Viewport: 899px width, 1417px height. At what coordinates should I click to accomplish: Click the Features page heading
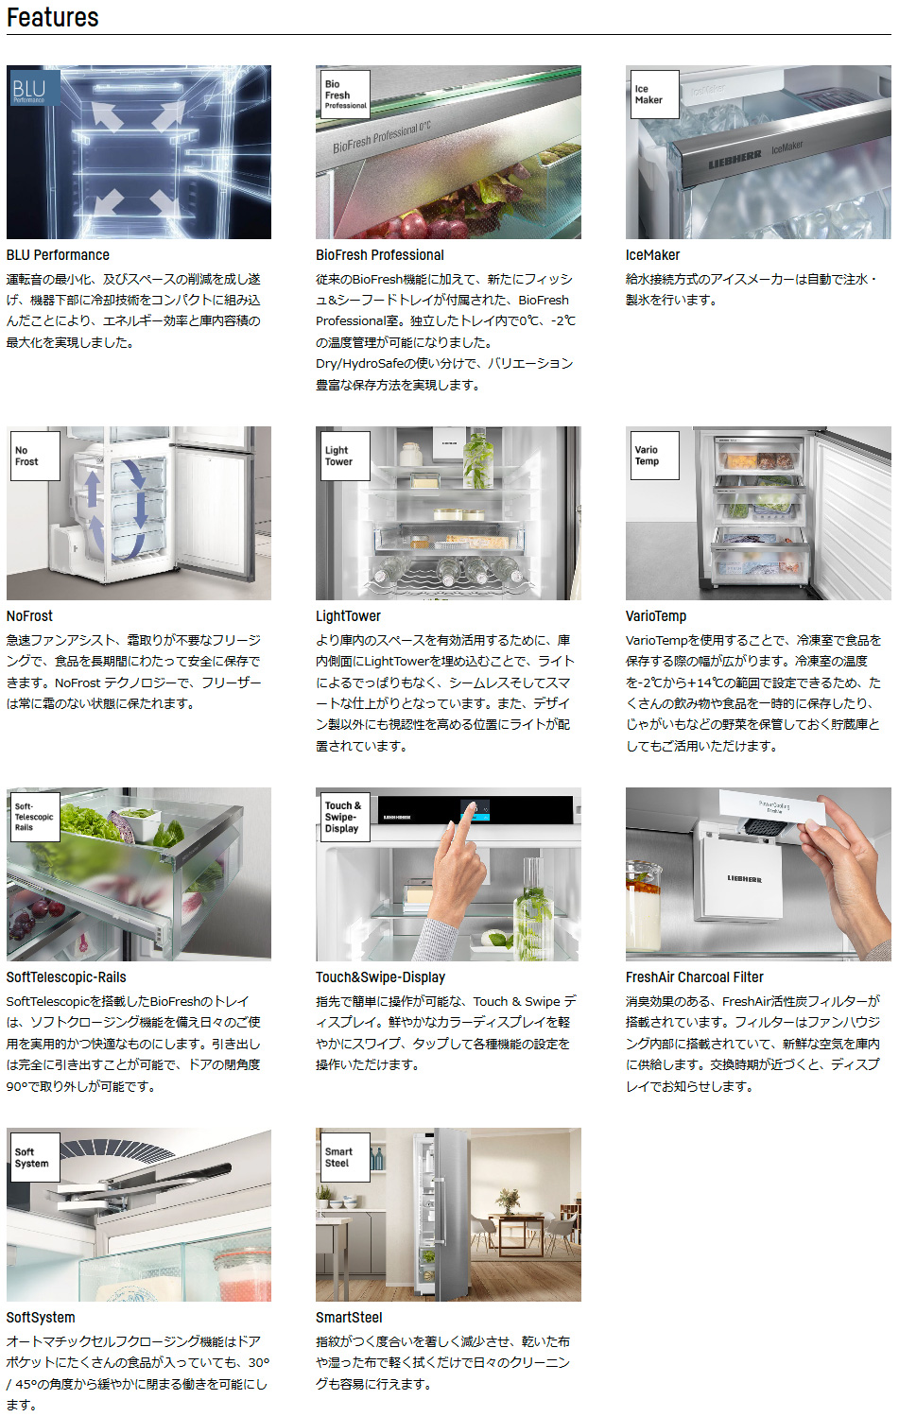click(x=53, y=17)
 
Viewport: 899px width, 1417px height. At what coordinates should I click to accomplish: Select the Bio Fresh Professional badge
click(x=345, y=95)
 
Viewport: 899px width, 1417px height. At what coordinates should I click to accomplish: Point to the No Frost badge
click(x=35, y=456)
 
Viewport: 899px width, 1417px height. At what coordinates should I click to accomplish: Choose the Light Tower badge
click(x=345, y=456)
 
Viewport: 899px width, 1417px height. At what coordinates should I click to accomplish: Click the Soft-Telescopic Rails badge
click(x=35, y=817)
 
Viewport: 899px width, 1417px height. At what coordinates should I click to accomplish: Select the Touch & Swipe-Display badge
click(x=345, y=817)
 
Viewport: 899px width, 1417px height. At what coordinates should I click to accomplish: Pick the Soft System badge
click(x=35, y=1157)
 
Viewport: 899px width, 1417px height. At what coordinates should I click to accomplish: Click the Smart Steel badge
click(x=345, y=1157)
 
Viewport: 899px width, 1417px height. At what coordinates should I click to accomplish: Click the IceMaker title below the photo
click(x=652, y=255)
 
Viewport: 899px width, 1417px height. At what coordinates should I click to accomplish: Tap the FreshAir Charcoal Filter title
click(x=694, y=976)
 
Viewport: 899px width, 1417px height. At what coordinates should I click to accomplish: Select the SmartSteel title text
click(x=349, y=1317)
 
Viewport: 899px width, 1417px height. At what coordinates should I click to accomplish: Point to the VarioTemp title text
click(x=655, y=615)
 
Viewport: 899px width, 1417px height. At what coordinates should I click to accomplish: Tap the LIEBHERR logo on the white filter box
click(x=744, y=879)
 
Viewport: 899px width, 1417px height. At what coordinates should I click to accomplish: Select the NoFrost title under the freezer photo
click(x=29, y=615)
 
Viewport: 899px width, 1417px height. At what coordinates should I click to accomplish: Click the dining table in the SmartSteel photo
click(x=512, y=1226)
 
